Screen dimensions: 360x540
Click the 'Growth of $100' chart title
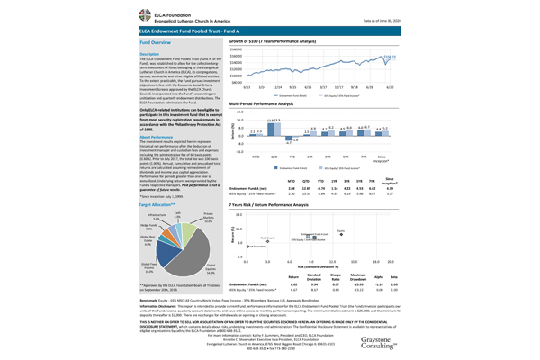pyautogui.click(x=288, y=42)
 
